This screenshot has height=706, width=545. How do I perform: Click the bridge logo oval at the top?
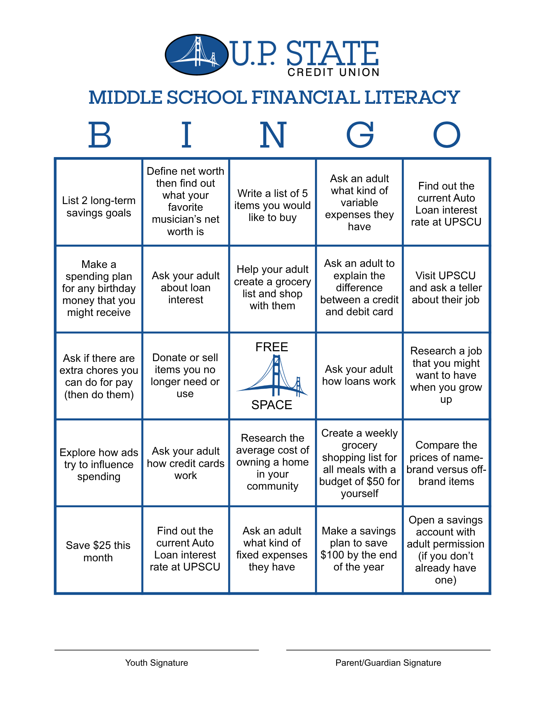tap(196, 55)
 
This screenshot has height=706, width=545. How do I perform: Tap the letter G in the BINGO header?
tap(359, 135)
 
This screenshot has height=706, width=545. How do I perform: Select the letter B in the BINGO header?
tap(99, 135)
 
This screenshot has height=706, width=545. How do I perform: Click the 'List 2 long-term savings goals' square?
tap(99, 207)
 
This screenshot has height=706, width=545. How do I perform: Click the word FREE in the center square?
tap(272, 347)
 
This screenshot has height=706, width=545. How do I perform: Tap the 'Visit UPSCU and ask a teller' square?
tap(446, 288)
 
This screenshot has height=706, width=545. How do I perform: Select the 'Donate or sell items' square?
tap(185, 376)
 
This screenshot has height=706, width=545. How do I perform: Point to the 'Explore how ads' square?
tap(99, 464)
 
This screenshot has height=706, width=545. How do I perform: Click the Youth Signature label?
tap(157, 663)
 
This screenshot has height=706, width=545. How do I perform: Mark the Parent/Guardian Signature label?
tap(388, 663)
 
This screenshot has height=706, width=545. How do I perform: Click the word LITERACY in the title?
tap(412, 97)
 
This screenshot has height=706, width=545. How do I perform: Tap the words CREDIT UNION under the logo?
tap(333, 73)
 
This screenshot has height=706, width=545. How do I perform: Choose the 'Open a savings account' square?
tap(446, 550)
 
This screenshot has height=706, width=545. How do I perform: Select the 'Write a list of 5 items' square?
tap(272, 205)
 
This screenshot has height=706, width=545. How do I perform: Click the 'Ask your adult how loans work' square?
tap(359, 375)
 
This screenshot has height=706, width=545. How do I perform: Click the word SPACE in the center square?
tap(272, 405)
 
